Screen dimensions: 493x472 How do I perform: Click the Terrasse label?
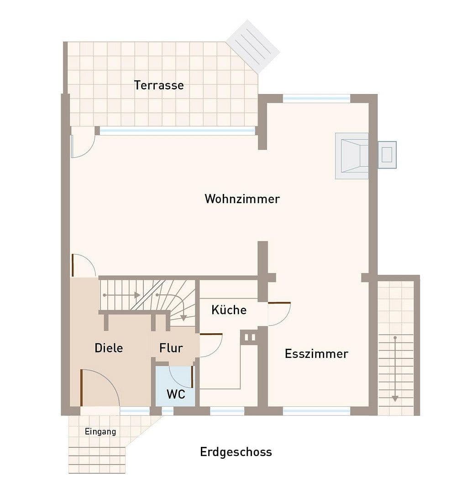click(159, 85)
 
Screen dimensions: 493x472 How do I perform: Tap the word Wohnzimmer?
click(242, 199)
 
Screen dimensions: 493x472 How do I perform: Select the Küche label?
click(229, 310)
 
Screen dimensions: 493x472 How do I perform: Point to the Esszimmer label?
click(316, 353)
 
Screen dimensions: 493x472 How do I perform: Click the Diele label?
click(109, 348)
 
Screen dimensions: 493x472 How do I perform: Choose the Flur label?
click(171, 348)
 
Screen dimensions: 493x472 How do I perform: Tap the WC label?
click(176, 394)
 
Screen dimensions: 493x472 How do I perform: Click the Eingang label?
click(100, 431)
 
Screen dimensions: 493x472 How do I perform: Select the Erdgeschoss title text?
click(236, 452)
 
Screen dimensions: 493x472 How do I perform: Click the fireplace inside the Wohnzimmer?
click(352, 156)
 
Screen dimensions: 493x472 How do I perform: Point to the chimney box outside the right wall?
click(387, 155)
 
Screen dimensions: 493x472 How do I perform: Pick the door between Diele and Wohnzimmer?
click(84, 266)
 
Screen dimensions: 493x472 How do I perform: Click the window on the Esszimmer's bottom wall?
click(316, 411)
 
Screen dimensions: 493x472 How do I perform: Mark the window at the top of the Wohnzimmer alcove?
click(316, 98)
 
